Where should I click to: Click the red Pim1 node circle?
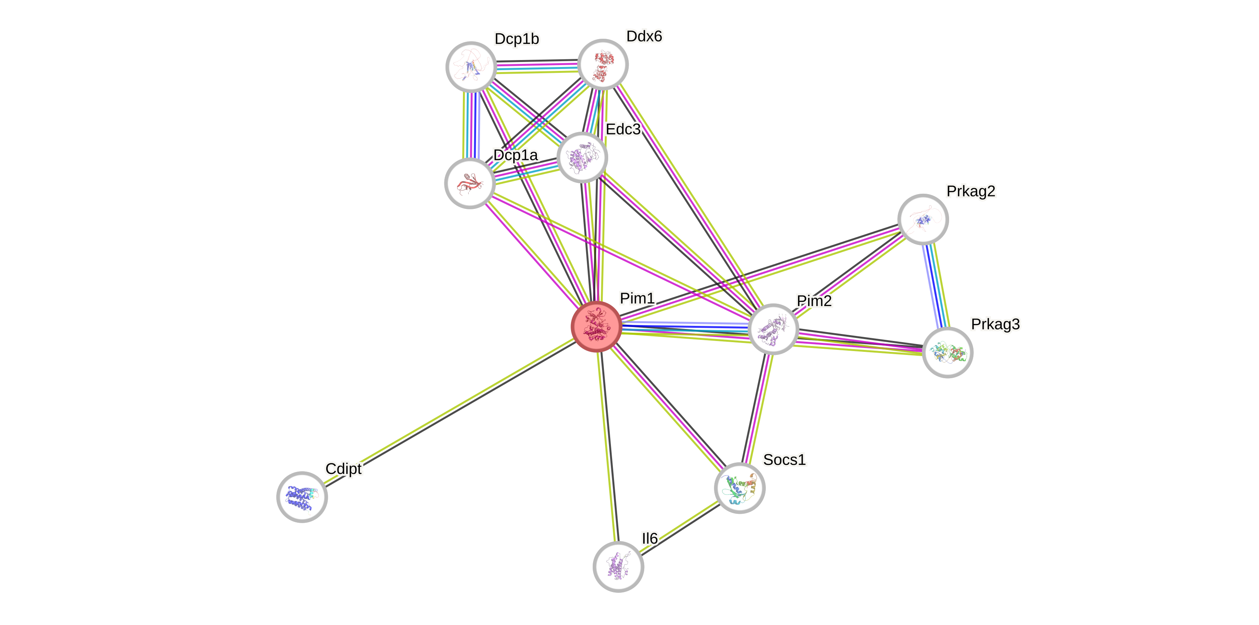[x=596, y=326]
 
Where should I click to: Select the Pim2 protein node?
[x=773, y=329]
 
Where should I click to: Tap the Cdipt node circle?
[x=302, y=496]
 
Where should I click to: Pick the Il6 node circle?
[x=618, y=566]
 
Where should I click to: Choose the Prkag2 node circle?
[x=923, y=219]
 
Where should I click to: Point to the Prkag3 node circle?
[x=947, y=352]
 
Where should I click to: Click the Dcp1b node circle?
[x=471, y=67]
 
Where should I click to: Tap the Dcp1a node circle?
[x=470, y=183]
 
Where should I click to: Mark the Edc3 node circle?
[x=581, y=157]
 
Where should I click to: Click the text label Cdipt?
[x=344, y=468]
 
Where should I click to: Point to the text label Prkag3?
[x=995, y=324]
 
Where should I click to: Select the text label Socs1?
[x=784, y=459]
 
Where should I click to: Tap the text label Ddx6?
[x=644, y=36]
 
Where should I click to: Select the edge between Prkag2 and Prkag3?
[x=936, y=286]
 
